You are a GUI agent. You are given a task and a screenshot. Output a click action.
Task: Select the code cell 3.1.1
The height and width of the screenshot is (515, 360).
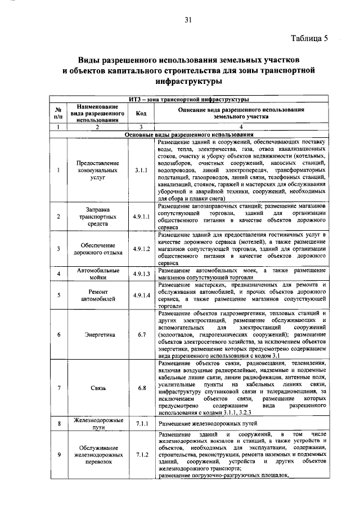141,168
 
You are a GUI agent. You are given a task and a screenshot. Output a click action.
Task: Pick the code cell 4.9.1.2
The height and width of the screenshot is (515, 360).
141,248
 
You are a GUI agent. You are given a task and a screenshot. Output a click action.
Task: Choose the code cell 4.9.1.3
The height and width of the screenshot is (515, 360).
141,274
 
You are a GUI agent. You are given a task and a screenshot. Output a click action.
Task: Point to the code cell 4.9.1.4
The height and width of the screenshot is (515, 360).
141,294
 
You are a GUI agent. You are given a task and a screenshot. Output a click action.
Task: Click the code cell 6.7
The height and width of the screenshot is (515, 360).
141,334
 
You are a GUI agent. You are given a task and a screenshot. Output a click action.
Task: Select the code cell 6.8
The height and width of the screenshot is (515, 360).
141,388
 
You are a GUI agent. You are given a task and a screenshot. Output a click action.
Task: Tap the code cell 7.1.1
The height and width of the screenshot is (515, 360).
141,422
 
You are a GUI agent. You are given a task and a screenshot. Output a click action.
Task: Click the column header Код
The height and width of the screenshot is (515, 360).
141,112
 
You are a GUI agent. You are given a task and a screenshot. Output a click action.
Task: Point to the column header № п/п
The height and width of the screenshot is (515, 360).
58,112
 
